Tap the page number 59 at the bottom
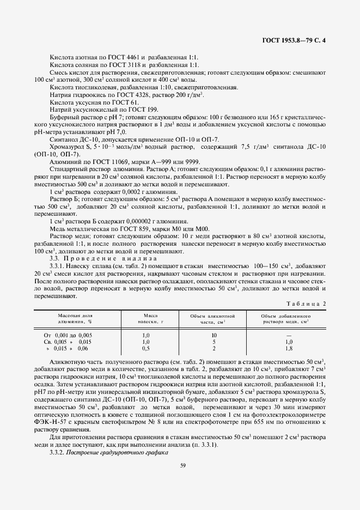tap(180, 464)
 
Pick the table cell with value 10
tap(214, 335)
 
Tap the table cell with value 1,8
tap(289, 348)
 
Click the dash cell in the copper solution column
tap(289, 335)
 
